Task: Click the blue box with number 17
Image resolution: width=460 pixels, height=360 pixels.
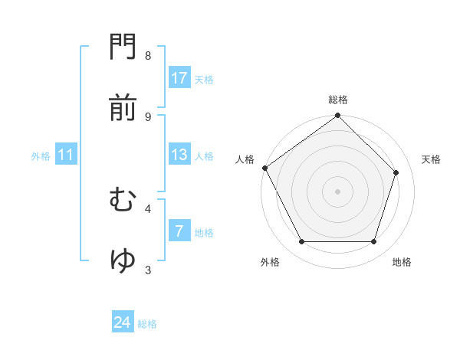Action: (x=179, y=78)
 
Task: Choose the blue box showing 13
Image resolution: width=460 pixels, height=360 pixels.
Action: (x=179, y=155)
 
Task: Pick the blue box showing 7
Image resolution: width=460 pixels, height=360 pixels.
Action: (x=179, y=231)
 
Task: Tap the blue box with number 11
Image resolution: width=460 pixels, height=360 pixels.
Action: (x=66, y=155)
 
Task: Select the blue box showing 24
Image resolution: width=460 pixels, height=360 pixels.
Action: (x=123, y=323)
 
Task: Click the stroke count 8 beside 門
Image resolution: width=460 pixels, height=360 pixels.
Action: (x=148, y=56)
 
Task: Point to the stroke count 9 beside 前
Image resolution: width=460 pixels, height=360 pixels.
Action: (x=148, y=116)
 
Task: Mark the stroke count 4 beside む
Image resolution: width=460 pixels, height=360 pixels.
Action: (x=148, y=208)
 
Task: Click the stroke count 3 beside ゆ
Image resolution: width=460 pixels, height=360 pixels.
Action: (x=148, y=270)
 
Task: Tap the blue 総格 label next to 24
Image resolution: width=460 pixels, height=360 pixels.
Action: (x=147, y=324)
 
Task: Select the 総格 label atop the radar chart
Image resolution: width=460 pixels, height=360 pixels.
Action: (x=338, y=100)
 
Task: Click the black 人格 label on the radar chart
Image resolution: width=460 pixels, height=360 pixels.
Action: (x=245, y=159)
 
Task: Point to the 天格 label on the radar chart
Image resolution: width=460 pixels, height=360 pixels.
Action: (x=432, y=159)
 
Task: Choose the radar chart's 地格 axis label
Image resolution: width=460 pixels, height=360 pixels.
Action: (x=402, y=262)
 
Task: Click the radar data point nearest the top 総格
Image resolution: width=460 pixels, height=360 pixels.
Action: (x=337, y=116)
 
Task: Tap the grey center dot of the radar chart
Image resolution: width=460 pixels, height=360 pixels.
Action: (x=337, y=191)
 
